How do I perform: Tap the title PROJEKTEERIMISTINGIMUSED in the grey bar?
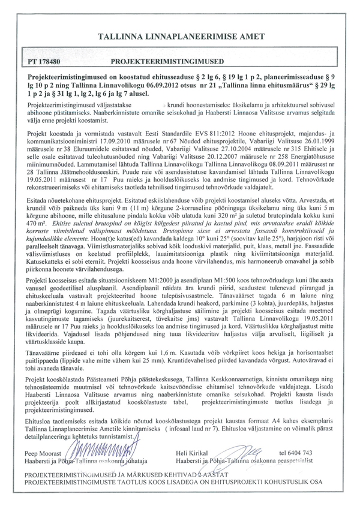pyautogui.click(x=168, y=62)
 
